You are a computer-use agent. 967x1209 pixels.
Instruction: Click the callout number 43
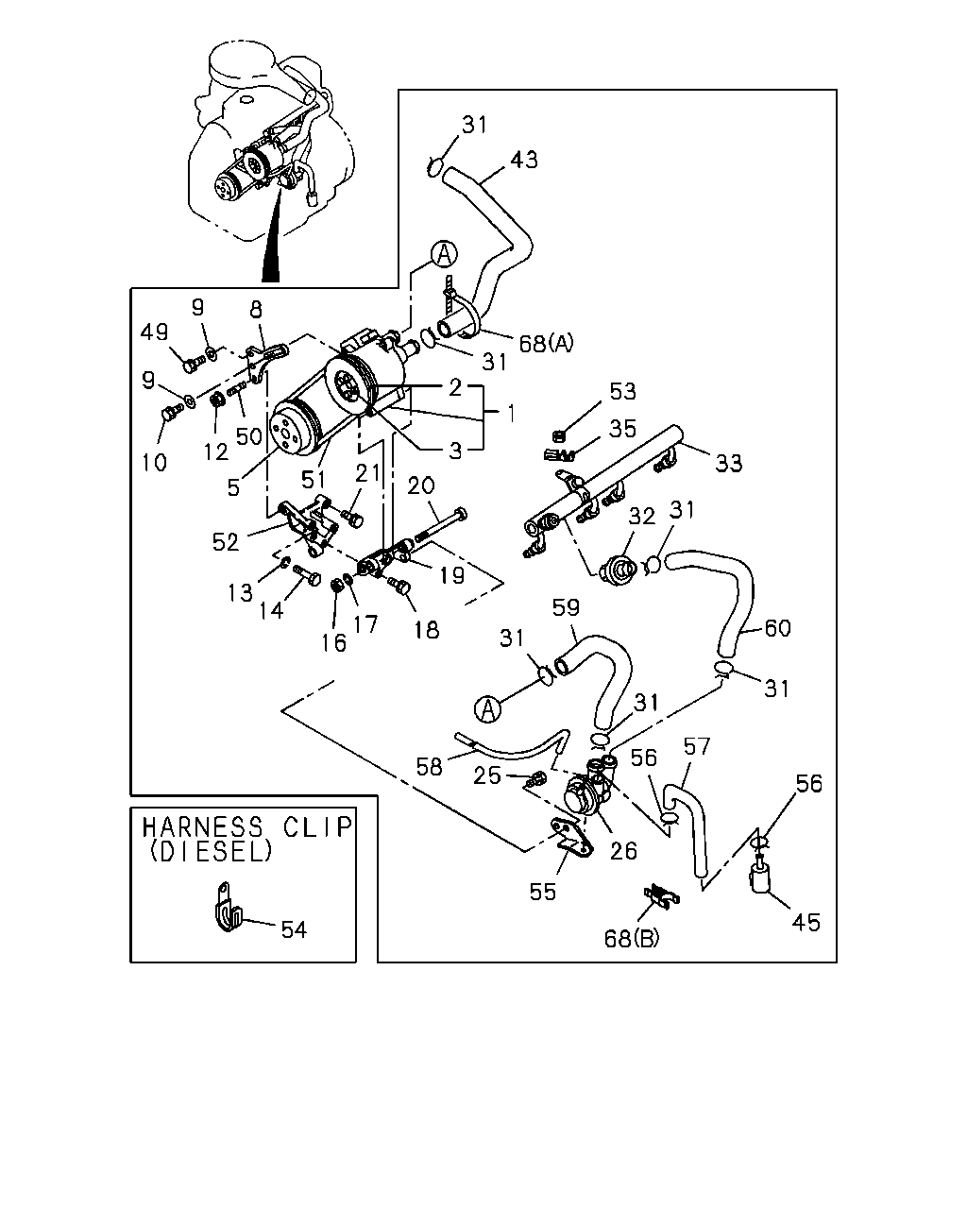pos(524,161)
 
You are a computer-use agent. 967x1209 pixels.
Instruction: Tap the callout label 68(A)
pos(546,343)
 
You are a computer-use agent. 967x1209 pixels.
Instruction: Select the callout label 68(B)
pos(632,938)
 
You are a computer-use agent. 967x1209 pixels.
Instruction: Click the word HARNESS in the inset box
pos(202,827)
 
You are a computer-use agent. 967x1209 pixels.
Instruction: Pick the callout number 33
pos(729,463)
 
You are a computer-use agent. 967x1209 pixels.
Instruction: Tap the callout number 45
pos(806,922)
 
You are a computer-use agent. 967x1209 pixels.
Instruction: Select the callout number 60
pos(777,627)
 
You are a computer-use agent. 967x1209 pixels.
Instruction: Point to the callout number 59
pos(566,607)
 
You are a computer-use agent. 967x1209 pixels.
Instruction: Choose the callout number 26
pos(623,851)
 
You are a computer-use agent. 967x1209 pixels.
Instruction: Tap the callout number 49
pos(155,332)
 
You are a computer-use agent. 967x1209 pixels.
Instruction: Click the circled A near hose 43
pos(444,254)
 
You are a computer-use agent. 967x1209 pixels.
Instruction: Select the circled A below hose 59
pos(487,709)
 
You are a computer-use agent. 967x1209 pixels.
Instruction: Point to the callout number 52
pos(226,541)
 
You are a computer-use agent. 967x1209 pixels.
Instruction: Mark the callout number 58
pos(430,766)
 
